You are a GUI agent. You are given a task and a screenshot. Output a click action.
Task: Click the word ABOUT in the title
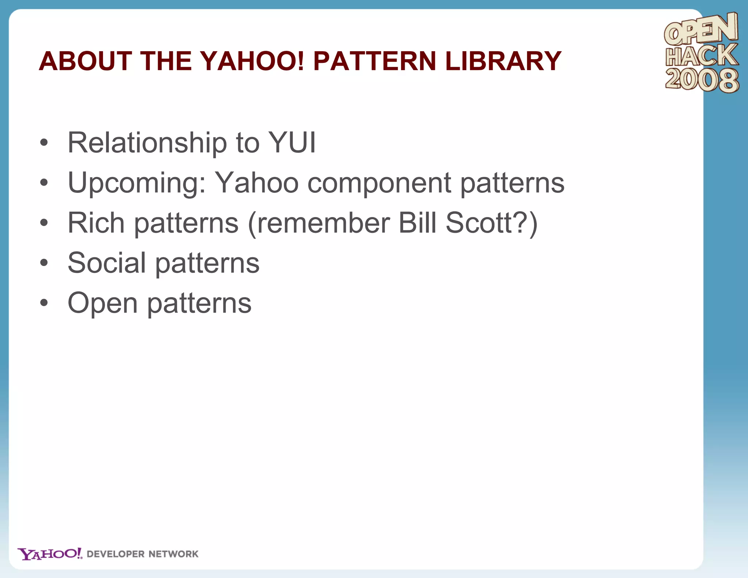point(85,61)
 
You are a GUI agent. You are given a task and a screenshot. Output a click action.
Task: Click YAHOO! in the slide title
point(252,61)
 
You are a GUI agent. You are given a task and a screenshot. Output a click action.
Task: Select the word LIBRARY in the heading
point(503,61)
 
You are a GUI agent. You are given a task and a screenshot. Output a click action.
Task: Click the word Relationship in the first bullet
point(147,143)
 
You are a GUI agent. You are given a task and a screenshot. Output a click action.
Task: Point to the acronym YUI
point(292,142)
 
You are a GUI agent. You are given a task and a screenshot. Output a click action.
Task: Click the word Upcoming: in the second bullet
point(137,183)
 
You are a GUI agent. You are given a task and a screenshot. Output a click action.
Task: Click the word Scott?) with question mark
point(492,224)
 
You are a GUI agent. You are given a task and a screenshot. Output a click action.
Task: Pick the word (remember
point(319,224)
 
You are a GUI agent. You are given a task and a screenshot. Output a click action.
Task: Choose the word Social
point(107,263)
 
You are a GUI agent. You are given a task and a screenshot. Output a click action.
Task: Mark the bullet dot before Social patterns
point(44,263)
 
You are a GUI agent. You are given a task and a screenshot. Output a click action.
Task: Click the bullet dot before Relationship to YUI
point(44,143)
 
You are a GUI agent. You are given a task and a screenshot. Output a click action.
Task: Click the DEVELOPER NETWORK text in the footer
point(142,554)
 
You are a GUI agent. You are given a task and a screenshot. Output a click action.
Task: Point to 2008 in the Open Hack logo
point(702,80)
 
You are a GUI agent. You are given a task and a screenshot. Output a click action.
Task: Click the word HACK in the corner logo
point(701,56)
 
